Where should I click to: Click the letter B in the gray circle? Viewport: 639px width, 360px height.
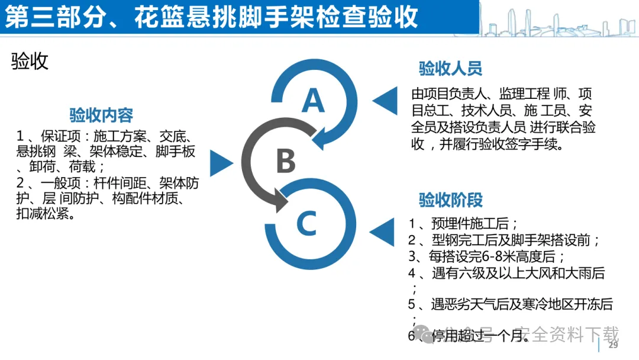tap(286, 160)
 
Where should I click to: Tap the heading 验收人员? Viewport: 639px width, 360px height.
tap(450, 69)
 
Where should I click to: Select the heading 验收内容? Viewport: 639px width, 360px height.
tap(101, 114)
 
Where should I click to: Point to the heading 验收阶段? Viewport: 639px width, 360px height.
tap(450, 200)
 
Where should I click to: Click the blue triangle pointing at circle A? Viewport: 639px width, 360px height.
tap(385, 100)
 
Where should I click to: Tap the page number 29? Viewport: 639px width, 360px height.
tap(613, 345)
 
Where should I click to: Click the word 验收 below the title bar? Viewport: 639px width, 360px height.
tap(30, 61)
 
